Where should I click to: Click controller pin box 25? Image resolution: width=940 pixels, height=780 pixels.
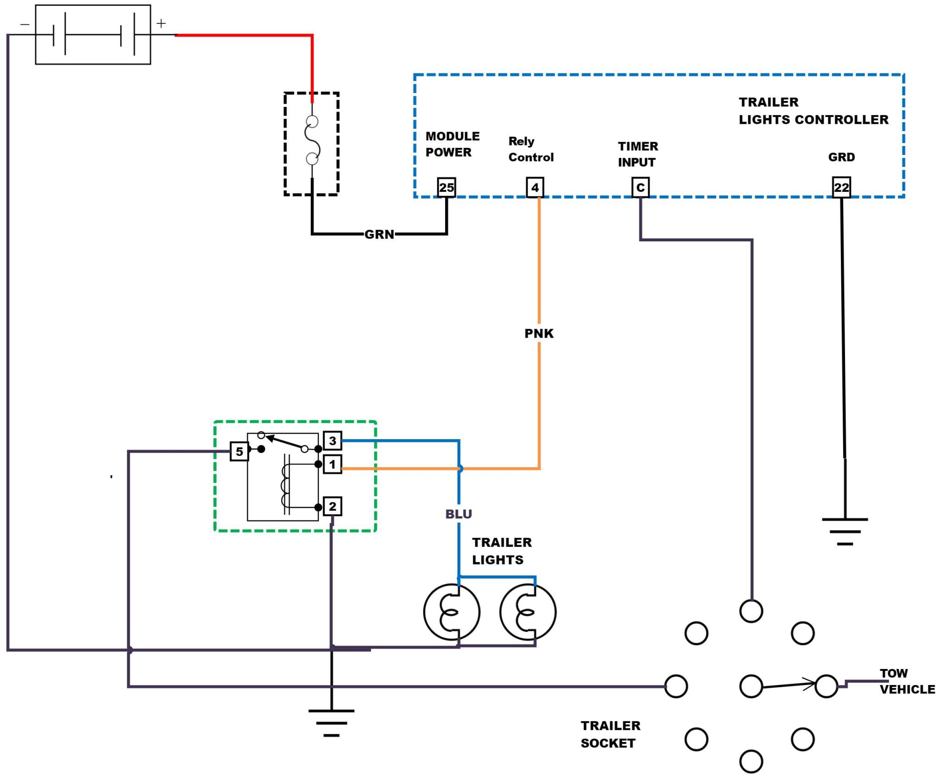tap(446, 187)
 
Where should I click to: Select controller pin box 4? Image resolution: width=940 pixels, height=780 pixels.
tap(535, 187)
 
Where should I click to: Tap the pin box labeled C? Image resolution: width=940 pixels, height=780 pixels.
tap(640, 187)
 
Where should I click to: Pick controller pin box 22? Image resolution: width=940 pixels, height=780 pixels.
tap(841, 187)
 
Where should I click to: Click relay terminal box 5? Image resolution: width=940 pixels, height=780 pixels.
tap(239, 451)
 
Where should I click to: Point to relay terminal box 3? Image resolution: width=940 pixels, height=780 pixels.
tap(332, 440)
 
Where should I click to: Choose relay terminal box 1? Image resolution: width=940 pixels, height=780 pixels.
tap(332, 464)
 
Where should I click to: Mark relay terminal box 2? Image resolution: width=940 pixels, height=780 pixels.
tap(332, 507)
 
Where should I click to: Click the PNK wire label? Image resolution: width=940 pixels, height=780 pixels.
tap(539, 334)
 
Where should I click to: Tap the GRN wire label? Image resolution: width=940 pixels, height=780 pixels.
tap(379, 234)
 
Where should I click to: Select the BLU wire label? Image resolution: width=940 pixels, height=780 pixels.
tap(459, 514)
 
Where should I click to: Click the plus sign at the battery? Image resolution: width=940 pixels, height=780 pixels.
tap(161, 23)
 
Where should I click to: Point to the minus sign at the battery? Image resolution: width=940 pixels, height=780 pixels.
tap(25, 24)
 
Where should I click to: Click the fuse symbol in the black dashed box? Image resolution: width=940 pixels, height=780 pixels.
tap(312, 140)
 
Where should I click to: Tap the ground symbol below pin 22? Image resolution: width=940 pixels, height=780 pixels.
tap(845, 531)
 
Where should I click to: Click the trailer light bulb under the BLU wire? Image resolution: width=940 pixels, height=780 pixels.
tap(452, 612)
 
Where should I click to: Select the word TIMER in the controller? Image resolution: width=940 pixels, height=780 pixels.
tap(638, 146)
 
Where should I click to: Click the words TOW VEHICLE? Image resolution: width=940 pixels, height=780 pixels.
tap(907, 681)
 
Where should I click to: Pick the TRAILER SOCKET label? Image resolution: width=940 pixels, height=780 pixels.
tap(610, 734)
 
